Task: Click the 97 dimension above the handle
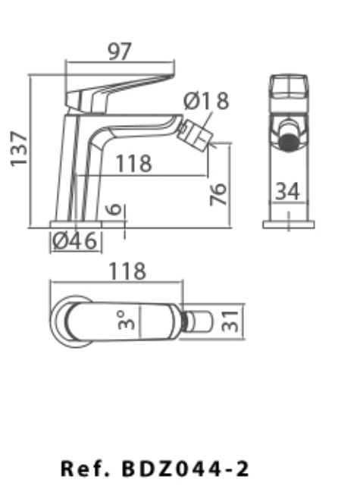[x=120, y=52]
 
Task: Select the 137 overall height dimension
[x=19, y=149]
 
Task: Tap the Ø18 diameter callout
[x=206, y=101]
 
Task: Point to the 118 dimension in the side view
[x=133, y=164]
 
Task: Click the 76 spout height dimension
[x=218, y=194]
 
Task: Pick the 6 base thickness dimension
[x=114, y=209]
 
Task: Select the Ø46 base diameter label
[x=75, y=241]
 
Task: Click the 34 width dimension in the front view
[x=288, y=191]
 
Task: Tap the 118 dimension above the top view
[x=127, y=271]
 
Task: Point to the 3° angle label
[x=126, y=320]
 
